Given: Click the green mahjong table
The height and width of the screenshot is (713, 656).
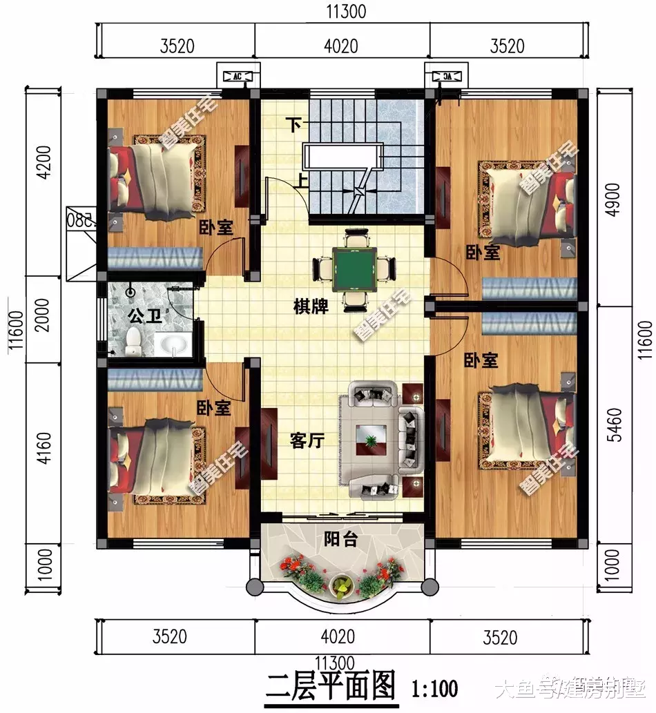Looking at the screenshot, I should pyautogui.click(x=356, y=265).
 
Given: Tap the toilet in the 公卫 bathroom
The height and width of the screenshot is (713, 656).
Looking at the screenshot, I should pyautogui.click(x=133, y=340).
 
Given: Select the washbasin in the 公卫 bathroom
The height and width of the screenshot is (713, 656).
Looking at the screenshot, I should pyautogui.click(x=172, y=342).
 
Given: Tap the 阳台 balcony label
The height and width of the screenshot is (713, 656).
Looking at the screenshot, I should pyautogui.click(x=340, y=539).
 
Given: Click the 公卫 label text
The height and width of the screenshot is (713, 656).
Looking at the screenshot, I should pyautogui.click(x=145, y=317).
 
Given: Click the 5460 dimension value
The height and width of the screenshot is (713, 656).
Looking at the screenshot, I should pyautogui.click(x=617, y=427).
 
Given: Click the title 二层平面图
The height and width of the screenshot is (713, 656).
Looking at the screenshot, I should pyautogui.click(x=331, y=687).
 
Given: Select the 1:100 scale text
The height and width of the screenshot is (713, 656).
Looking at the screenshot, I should pyautogui.click(x=434, y=688).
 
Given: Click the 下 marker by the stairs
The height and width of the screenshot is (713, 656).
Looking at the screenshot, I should pyautogui.click(x=294, y=125).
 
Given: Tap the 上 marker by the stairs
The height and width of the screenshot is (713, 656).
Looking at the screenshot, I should pyautogui.click(x=302, y=182).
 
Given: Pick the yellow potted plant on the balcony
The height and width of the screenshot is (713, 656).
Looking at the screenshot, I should pyautogui.click(x=341, y=586).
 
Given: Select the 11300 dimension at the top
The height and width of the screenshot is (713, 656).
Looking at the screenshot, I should pyautogui.click(x=343, y=12).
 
